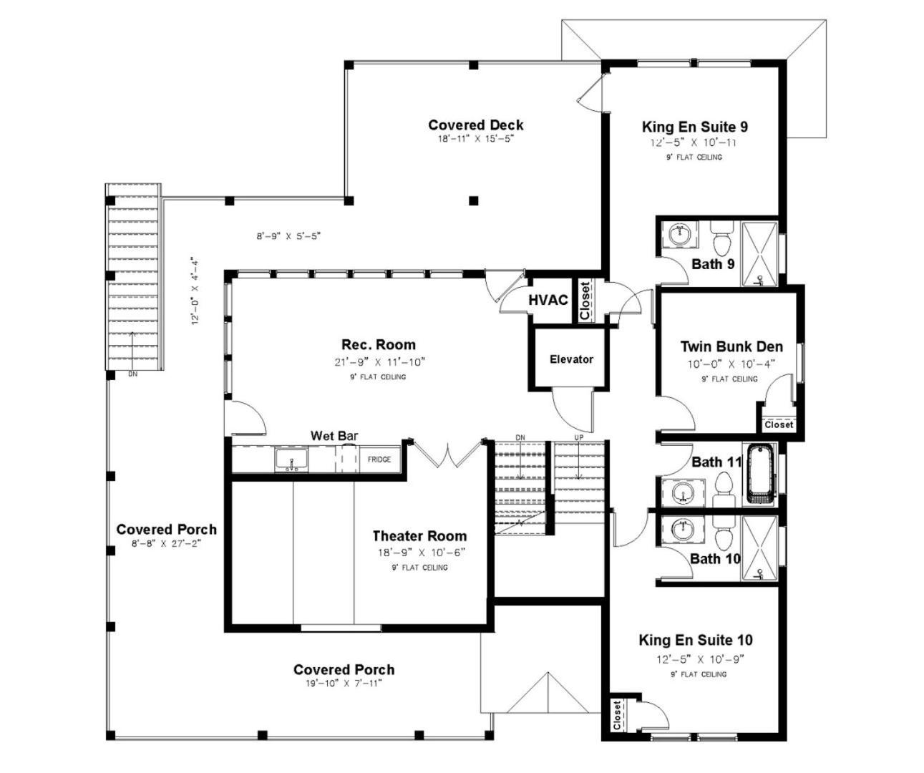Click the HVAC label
point(548,300)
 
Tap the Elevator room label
point(571,359)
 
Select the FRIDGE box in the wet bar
point(379,460)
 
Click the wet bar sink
point(291,460)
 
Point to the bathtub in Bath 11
point(761,475)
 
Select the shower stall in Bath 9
point(759,253)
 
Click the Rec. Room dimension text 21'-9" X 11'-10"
point(379,362)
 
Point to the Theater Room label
point(419,536)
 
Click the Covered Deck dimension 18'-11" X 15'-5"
point(475,139)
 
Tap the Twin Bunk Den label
point(731,346)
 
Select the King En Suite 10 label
point(696,640)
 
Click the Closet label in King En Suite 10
point(616,716)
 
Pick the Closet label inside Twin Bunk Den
point(779,424)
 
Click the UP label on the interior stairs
point(578,437)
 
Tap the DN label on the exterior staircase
point(132,374)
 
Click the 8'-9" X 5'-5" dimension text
point(288,236)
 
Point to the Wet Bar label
point(334,436)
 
